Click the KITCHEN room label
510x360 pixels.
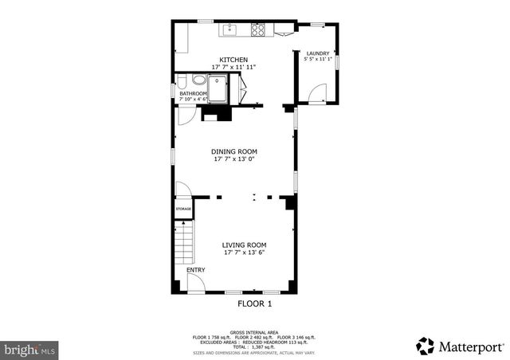233,60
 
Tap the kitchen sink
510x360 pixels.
230,30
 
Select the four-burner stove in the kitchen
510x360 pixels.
259,30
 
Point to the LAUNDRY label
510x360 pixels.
317,53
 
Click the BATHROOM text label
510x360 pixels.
193,93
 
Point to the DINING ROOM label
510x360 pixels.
233,151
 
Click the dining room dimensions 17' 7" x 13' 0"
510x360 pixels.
233,159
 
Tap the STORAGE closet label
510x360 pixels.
182,209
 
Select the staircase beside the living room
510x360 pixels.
184,243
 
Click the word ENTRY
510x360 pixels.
195,270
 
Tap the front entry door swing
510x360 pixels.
196,282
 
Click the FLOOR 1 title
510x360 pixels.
254,303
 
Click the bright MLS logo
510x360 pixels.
30,349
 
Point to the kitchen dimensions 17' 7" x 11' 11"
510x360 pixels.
233,67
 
